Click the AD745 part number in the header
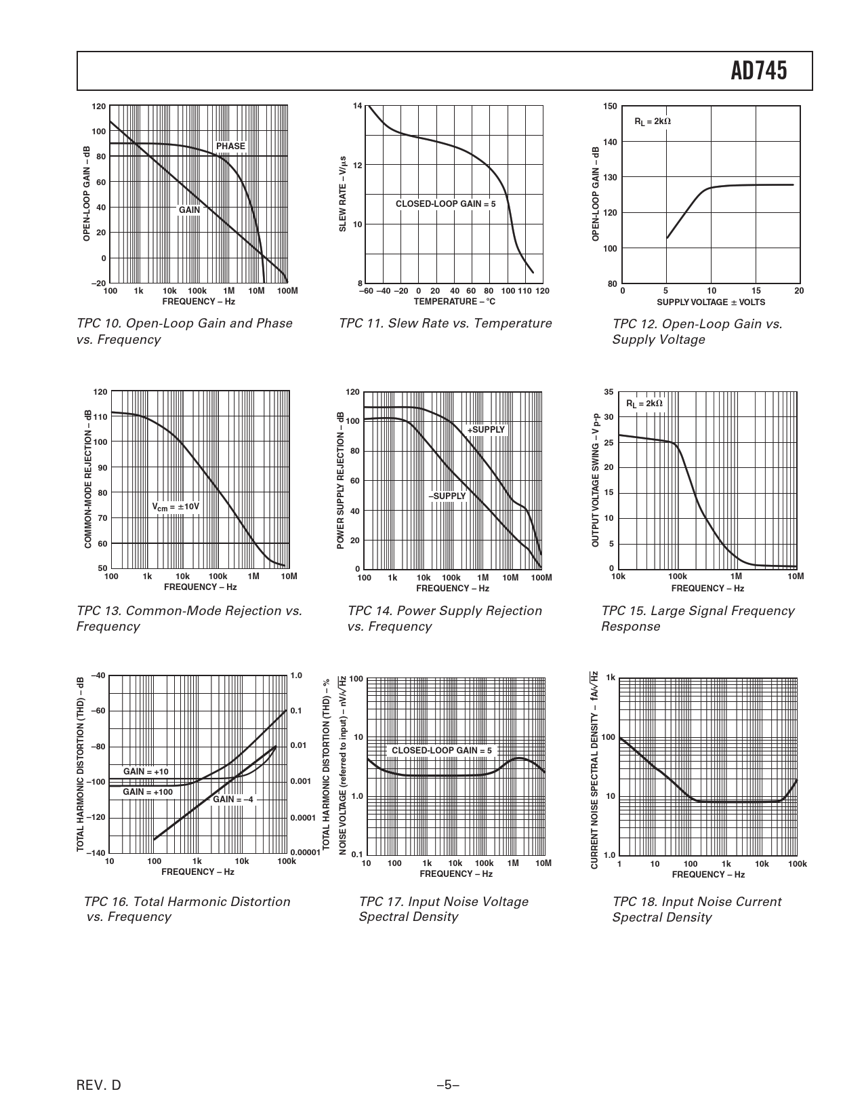coord(759,71)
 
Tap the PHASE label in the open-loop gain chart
coord(230,146)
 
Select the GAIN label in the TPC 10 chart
coord(189,210)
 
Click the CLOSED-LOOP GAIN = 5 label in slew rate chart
coord(445,203)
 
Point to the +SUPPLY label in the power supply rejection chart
coord(486,429)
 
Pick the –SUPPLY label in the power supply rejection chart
coord(447,496)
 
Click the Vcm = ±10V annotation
coord(176,507)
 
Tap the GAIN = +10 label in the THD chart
coord(146,771)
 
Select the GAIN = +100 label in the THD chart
coord(148,791)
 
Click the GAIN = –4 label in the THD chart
coord(233,799)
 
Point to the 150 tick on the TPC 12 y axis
coord(609,106)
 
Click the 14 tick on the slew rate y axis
coord(358,106)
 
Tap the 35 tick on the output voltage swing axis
coord(609,392)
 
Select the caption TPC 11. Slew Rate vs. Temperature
coord(445,323)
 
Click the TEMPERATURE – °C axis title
coord(454,301)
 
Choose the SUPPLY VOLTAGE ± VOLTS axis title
coord(710,302)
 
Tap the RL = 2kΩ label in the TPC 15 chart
coord(644,404)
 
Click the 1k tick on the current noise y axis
coord(611,678)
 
